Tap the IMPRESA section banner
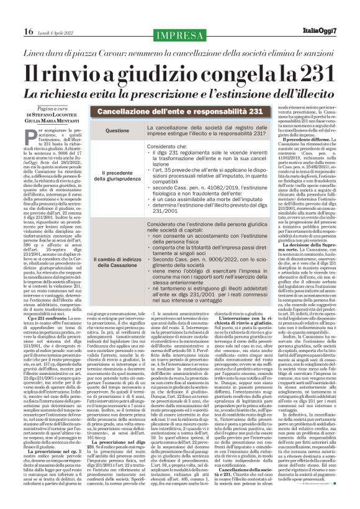[180, 35]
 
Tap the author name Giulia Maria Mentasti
[52, 122]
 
